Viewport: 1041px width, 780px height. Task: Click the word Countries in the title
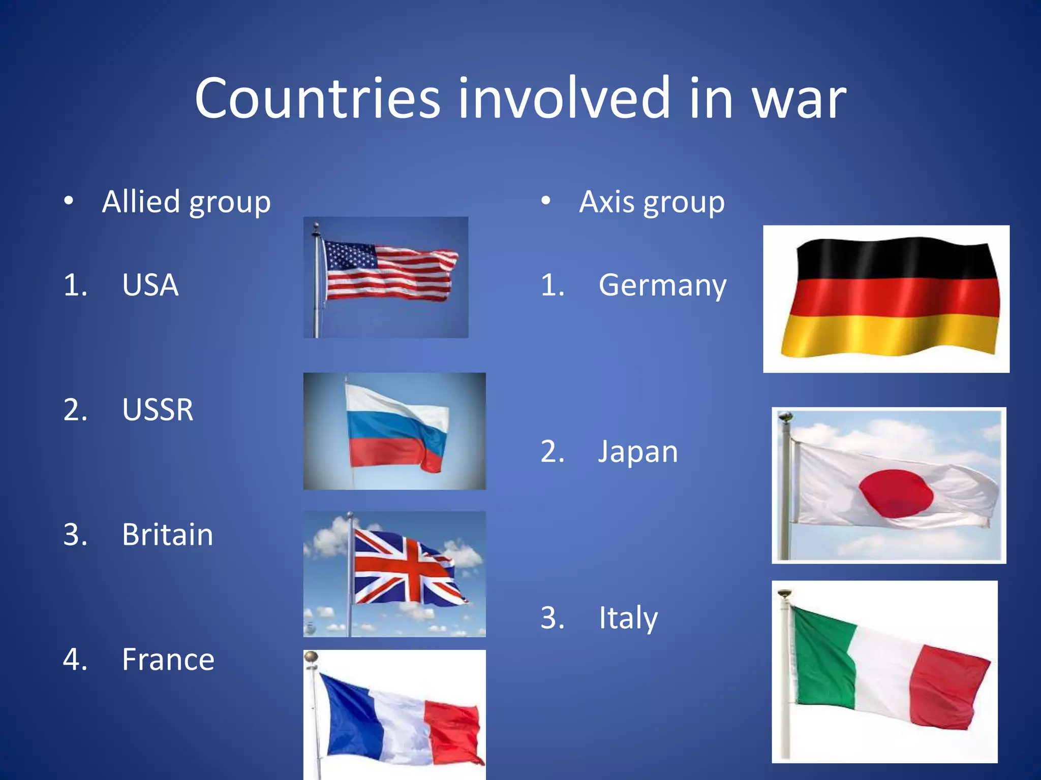317,98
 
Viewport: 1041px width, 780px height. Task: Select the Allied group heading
186,202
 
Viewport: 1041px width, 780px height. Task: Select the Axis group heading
652,202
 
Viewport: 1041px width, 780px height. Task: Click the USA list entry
150,285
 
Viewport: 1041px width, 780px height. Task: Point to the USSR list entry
158,410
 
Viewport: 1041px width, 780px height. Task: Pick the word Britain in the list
167,535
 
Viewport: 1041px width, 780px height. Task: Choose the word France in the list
168,660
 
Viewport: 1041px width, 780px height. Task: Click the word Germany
662,285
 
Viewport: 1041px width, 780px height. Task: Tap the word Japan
638,451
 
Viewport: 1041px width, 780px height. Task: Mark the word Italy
628,618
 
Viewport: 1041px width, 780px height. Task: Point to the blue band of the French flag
351,716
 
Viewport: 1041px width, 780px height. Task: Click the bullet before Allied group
69,202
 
